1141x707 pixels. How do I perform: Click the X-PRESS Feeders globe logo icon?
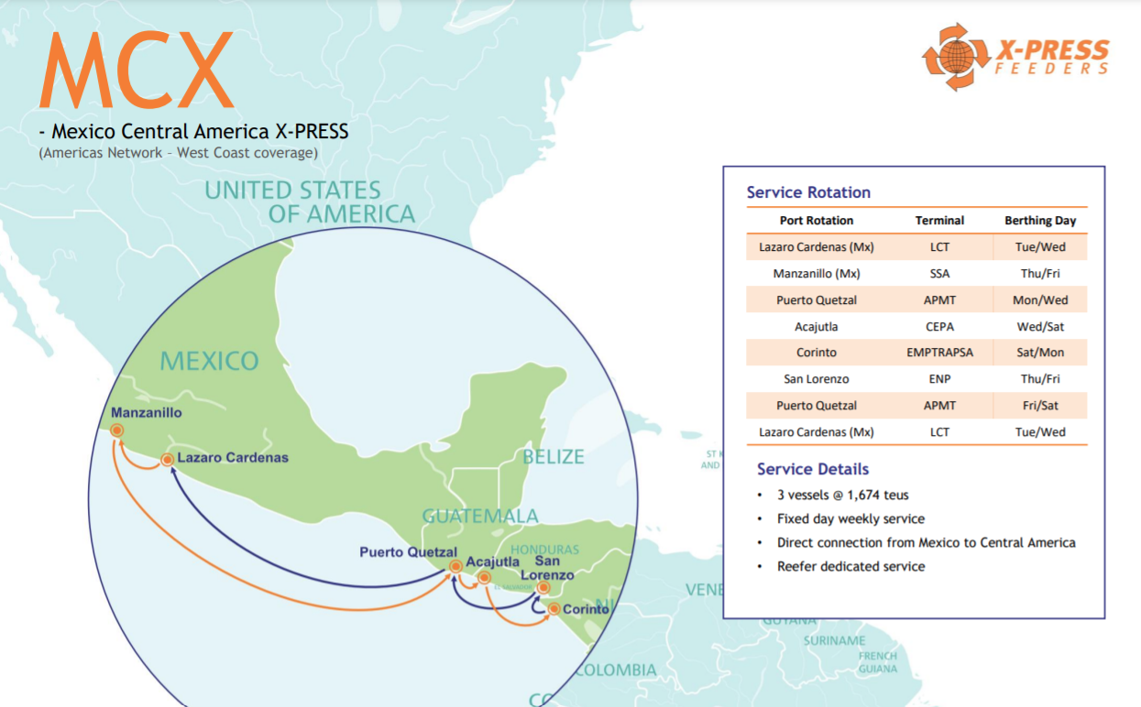point(956,57)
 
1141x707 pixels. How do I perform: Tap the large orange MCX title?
point(137,71)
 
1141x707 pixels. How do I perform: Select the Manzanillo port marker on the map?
point(117,430)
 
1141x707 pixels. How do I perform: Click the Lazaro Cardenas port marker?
point(168,460)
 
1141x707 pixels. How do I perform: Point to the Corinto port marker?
point(554,609)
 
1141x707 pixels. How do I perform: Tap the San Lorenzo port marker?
point(543,588)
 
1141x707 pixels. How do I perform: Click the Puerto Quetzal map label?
point(408,551)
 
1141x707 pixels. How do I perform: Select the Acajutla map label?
point(492,560)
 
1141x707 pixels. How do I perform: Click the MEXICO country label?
point(209,361)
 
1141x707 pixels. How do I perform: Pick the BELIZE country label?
point(553,456)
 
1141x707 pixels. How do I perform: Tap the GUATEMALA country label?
point(480,516)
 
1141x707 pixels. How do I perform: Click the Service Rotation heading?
point(808,192)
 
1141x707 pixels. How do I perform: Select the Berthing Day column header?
point(1040,221)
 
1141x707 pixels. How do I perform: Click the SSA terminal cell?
point(939,274)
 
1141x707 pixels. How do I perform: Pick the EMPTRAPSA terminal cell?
point(939,353)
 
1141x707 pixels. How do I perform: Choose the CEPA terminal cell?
point(939,326)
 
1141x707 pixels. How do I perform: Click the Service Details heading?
point(813,469)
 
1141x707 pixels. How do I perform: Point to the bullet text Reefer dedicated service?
point(850,567)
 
